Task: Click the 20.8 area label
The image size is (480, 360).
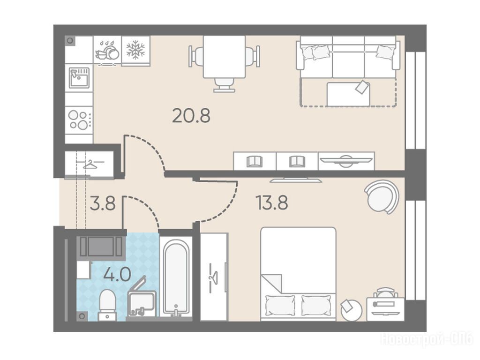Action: pos(191,116)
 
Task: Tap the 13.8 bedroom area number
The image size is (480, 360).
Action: pos(272,202)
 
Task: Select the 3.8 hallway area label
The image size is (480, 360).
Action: pos(103,203)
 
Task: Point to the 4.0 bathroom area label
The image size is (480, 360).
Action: pos(117,274)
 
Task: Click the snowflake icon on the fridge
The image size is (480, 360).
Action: pos(135,50)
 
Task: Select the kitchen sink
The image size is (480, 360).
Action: pos(79,78)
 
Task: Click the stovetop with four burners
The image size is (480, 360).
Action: pos(79,120)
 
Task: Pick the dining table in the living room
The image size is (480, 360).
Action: pos(225,57)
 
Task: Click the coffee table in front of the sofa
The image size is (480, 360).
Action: pos(348,94)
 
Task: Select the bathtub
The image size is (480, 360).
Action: pos(176,278)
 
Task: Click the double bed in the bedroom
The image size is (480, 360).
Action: pos(298,274)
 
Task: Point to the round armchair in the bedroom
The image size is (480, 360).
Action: pos(382,197)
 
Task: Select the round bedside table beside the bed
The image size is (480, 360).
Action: pos(351,310)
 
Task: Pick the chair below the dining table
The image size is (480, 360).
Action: pos(225,85)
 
